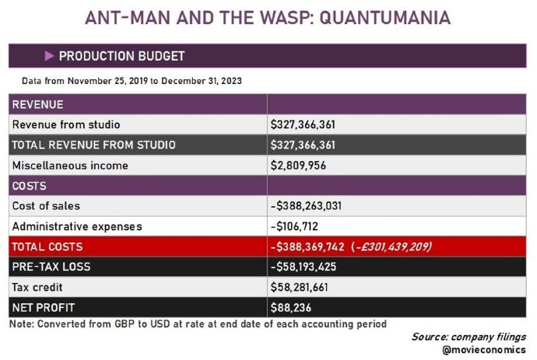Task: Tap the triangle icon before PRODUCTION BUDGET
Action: click(49, 56)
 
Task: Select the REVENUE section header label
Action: click(38, 104)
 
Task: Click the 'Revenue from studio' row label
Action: click(66, 124)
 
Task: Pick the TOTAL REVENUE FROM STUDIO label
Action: click(93, 145)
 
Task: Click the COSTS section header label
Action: click(30, 186)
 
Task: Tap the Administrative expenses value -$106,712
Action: click(297, 226)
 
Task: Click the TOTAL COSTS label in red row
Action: click(47, 246)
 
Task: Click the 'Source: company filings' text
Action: click(469, 337)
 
